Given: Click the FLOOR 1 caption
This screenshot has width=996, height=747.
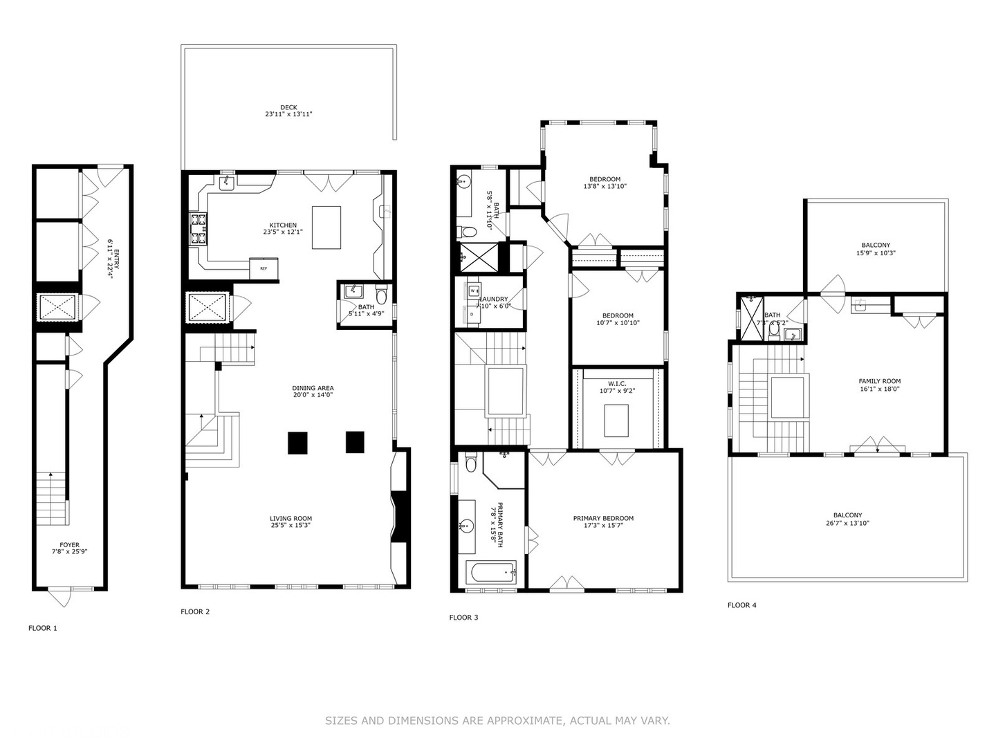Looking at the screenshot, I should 43,628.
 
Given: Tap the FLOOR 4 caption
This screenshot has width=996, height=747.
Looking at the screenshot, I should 741,605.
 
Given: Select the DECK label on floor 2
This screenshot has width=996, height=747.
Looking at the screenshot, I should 288,107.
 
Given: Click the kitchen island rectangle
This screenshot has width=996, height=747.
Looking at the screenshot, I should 326,227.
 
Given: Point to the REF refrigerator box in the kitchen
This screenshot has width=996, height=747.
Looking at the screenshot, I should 264,268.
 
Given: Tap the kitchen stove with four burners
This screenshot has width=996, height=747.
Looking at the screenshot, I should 199,229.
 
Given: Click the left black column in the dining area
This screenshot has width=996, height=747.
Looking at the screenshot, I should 297,443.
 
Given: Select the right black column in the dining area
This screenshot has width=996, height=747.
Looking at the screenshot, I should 355,442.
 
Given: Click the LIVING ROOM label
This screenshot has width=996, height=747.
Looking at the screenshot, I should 290,518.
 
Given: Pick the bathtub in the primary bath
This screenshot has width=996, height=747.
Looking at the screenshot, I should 492,573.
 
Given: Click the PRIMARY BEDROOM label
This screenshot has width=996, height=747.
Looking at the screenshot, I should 603,518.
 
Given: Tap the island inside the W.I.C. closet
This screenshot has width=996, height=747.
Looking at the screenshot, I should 616,421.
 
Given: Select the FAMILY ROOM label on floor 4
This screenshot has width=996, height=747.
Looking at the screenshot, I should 879,381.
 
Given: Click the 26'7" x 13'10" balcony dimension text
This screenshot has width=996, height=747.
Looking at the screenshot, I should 847,524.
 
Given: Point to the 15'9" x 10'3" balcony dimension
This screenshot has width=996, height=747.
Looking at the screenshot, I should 876,253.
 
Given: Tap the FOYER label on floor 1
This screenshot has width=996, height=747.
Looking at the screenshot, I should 69,545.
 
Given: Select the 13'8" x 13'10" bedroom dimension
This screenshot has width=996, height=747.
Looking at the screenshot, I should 605,187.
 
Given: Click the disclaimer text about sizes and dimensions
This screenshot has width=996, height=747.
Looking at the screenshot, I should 497,721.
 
